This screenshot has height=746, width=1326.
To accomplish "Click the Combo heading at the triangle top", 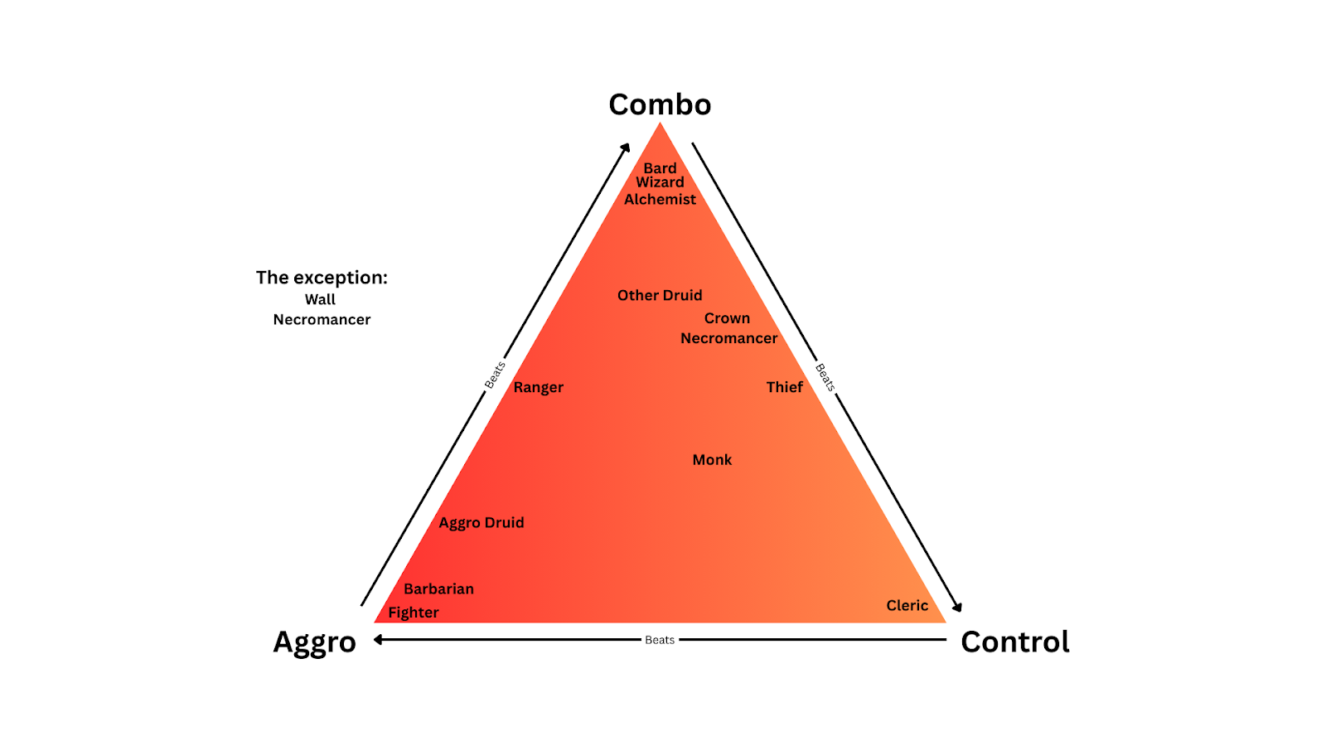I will pos(660,104).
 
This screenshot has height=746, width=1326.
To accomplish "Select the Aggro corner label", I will pos(314,642).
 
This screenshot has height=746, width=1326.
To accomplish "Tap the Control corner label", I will pos(1014,642).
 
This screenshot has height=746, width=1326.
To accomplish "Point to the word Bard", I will pos(660,168).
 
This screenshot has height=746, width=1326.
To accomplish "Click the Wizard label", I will pos(660,182).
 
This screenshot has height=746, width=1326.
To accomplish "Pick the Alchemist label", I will pos(660,200).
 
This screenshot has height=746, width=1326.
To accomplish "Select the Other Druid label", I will pos(660,295).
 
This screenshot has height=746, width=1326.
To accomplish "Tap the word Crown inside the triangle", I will pos(727,318).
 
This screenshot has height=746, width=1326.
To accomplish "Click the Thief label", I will pos(784,387).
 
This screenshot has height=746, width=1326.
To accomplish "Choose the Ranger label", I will pos(538,387).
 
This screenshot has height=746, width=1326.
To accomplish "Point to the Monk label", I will pos(712,460).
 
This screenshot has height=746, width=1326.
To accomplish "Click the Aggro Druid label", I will pos(482,523).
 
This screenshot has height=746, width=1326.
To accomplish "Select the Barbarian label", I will pos(438,589).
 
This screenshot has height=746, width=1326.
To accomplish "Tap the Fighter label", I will pos(414,613).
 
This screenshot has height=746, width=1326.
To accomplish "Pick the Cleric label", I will pos(907,606).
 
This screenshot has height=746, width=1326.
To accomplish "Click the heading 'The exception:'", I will pos(322,278).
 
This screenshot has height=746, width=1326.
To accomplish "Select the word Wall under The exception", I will pos(320,300).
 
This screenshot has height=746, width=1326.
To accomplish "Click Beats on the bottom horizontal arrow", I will pos(660,640).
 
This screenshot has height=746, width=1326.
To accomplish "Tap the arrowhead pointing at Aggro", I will pos(378,640).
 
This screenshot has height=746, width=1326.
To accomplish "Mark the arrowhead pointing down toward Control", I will pos(958,608).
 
